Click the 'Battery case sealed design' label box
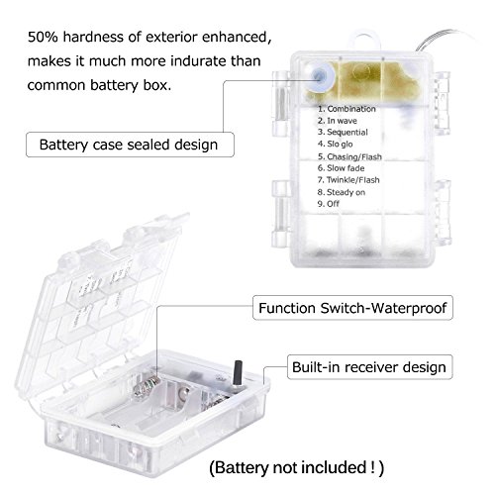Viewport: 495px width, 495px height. (x=130, y=145)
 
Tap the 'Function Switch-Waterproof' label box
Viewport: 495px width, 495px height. (x=352, y=308)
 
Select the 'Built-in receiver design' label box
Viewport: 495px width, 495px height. (x=369, y=367)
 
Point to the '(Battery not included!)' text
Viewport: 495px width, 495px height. (x=297, y=467)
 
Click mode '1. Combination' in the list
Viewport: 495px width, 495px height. (x=346, y=109)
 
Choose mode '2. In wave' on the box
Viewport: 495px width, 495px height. (x=338, y=121)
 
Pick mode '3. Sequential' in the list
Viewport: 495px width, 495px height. (x=343, y=133)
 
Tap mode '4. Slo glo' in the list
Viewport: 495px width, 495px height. (x=335, y=145)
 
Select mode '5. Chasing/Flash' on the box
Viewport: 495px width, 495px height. (x=349, y=156)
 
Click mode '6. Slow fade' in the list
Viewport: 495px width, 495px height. (x=341, y=168)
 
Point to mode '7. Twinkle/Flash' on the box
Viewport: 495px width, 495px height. (x=348, y=180)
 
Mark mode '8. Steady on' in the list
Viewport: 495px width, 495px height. (x=342, y=192)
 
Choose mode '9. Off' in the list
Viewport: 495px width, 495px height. (x=329, y=204)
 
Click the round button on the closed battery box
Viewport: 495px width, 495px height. (x=319, y=77)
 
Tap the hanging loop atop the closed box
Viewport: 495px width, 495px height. (x=365, y=35)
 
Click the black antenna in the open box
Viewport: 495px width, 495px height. (x=238, y=373)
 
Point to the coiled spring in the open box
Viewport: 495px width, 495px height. (x=147, y=386)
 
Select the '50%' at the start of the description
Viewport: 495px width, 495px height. (x=43, y=38)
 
